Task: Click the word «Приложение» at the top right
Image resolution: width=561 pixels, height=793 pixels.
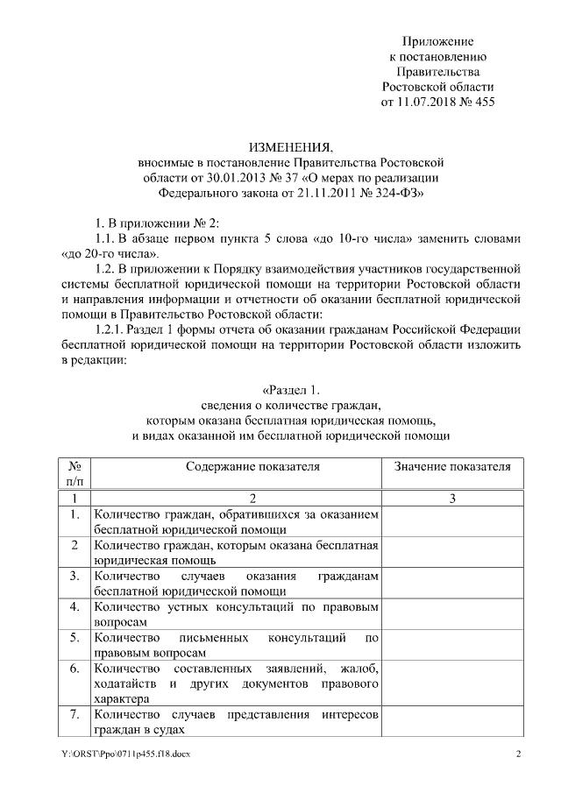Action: (x=437, y=41)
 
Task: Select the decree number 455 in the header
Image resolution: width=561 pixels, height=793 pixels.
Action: (x=484, y=103)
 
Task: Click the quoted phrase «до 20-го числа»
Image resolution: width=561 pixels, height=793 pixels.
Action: (x=100, y=254)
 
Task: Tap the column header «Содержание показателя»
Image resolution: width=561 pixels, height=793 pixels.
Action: (x=234, y=466)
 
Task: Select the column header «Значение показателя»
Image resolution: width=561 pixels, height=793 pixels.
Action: (x=452, y=466)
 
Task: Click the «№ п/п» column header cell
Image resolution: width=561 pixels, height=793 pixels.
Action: (x=75, y=473)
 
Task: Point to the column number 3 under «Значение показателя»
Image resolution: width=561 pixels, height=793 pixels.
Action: (x=452, y=498)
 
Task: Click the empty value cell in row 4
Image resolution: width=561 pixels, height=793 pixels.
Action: (x=452, y=612)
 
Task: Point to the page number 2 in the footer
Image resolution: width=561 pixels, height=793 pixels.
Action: (x=518, y=755)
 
